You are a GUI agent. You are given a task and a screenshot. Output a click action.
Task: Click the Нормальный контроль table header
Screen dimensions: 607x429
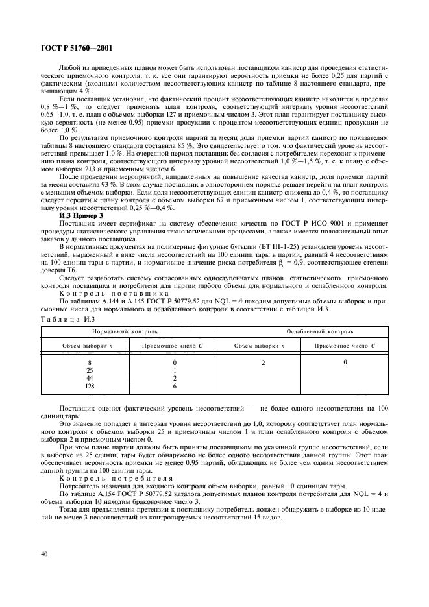point(127,331)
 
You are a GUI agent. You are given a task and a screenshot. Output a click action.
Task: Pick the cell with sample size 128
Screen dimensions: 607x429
point(90,386)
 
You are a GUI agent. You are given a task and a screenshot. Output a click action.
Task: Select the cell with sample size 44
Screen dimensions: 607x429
point(90,378)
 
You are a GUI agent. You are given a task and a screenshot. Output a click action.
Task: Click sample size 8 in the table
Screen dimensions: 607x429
point(90,363)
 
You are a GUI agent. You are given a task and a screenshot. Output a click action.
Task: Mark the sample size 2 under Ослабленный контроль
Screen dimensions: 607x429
point(264,363)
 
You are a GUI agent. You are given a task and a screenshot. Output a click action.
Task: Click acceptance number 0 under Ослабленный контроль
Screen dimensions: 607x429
point(345,362)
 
